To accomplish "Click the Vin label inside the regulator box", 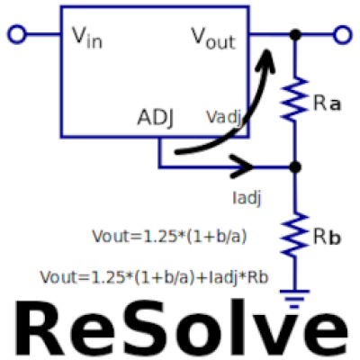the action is click(x=87, y=38).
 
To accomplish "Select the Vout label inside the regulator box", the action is click(x=213, y=38).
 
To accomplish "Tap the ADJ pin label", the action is click(x=156, y=117).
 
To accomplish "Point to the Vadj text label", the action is click(x=224, y=117).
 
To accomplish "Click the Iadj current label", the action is click(x=247, y=198).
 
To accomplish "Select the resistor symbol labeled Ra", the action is click(x=295, y=99).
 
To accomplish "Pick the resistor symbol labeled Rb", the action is click(x=295, y=234).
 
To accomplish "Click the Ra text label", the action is click(x=327, y=103).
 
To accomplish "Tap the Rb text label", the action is click(x=327, y=237).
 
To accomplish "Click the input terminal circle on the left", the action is click(x=17, y=34).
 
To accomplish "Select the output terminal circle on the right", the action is click(x=343, y=35).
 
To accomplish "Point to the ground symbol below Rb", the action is click(x=294, y=299).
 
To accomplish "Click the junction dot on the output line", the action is click(x=295, y=35).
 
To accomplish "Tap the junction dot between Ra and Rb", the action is click(x=295, y=167).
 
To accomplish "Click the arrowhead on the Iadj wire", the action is click(x=242, y=166).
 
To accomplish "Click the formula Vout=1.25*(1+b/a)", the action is click(x=169, y=237).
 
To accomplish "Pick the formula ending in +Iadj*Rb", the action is click(x=154, y=277).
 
